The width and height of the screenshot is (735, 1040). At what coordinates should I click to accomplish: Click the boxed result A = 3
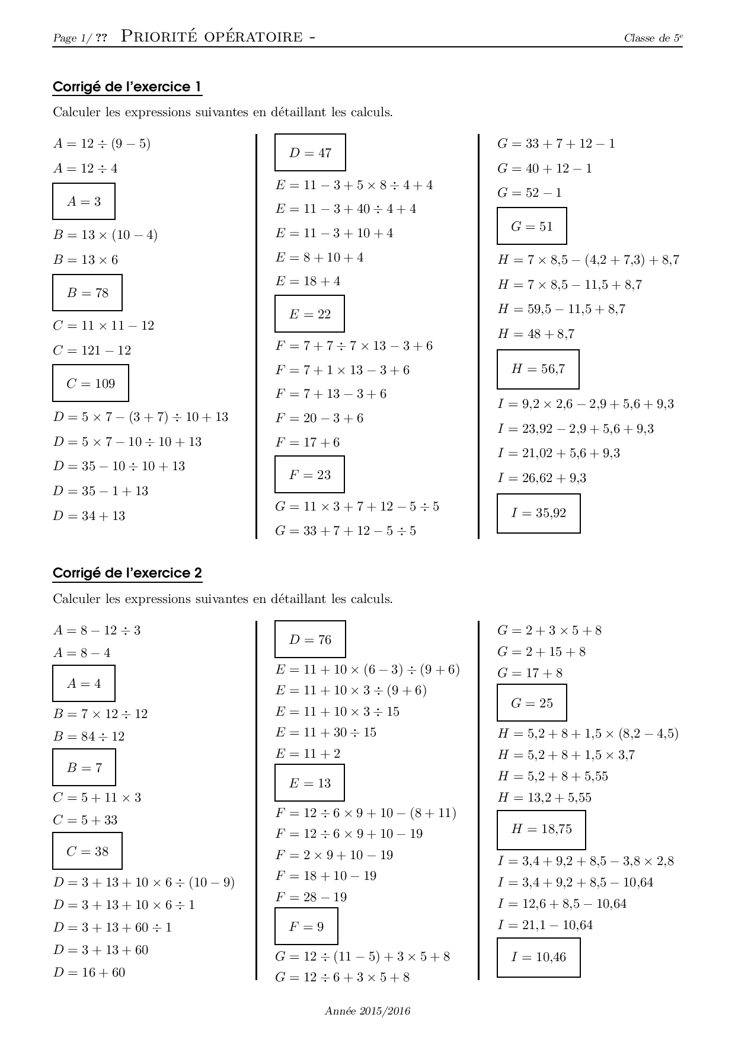[x=84, y=202]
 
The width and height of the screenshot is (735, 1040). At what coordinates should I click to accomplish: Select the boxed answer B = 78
[x=87, y=293]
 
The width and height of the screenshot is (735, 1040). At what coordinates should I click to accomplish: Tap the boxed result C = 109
[x=91, y=384]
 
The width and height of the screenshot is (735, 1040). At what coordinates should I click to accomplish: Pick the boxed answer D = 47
[x=310, y=153]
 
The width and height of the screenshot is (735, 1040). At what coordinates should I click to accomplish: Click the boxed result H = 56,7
[x=538, y=369]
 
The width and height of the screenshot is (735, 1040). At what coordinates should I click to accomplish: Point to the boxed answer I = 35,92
[x=538, y=513]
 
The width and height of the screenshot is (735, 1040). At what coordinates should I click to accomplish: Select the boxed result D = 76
[x=310, y=640]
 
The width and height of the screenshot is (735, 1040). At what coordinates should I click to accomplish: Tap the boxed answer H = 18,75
[x=541, y=830]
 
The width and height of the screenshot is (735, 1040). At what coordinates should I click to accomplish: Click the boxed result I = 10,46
[x=538, y=957]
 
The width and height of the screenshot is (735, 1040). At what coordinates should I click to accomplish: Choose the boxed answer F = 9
[x=306, y=927]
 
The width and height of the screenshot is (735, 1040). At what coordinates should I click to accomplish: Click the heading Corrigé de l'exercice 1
[x=127, y=87]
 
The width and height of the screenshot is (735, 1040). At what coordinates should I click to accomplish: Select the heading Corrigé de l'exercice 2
[x=127, y=573]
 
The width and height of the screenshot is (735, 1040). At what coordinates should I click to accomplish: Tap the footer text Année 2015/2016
[x=367, y=1011]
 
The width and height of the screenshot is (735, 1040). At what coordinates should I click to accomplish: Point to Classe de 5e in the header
[x=653, y=39]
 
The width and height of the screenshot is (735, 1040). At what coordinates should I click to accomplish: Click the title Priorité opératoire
[x=218, y=37]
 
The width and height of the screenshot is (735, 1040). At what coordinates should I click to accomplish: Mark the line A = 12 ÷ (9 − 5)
[x=102, y=143]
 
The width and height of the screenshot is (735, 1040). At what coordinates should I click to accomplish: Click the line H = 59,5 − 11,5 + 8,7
[x=561, y=309]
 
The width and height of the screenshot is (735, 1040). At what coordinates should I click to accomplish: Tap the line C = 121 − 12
[x=92, y=350]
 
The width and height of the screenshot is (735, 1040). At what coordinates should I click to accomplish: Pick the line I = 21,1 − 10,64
[x=545, y=925]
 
